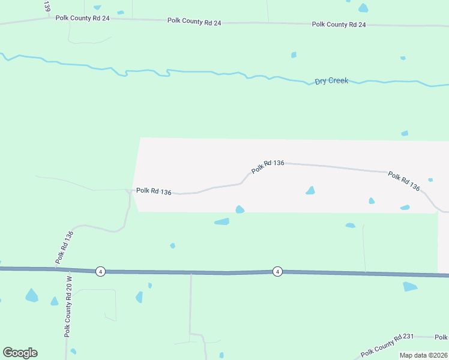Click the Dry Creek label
point(331,81)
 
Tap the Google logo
point(20,353)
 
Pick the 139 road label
point(47,6)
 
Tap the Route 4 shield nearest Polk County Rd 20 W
point(100,271)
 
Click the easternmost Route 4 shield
point(277,271)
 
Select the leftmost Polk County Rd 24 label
point(83,18)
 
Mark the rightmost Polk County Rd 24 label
point(339,25)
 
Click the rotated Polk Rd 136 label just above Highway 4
point(64,247)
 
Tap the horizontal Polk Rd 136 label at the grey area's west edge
point(154,191)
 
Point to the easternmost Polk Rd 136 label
point(404,181)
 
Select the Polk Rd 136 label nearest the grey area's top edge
point(268,166)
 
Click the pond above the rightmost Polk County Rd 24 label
point(363,8)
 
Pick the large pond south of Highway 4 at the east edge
point(410,286)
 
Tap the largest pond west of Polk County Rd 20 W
point(31,295)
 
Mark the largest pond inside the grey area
point(310,191)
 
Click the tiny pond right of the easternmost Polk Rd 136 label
point(430,179)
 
